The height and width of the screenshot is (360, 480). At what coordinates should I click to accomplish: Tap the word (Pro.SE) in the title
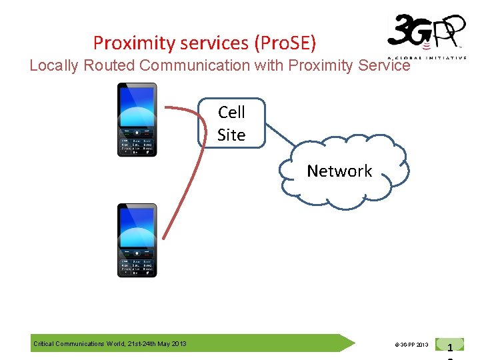point(285,43)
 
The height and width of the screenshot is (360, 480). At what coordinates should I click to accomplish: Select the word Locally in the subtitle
point(53,65)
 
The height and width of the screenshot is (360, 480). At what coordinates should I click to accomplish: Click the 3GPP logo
point(425,35)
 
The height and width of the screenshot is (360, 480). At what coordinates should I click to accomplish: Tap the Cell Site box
point(231,123)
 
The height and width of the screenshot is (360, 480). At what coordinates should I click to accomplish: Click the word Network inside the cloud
point(339,171)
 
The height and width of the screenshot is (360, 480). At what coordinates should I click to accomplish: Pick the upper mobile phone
point(137,120)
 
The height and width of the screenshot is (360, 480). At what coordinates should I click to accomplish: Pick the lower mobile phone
point(137,240)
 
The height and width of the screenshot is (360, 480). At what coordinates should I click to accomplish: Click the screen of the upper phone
point(137,107)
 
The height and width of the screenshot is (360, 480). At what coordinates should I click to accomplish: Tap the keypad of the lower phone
point(137,265)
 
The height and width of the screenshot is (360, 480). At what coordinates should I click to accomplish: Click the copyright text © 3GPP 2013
point(411,345)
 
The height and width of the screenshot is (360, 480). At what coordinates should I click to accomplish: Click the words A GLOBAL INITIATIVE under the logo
point(437,58)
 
